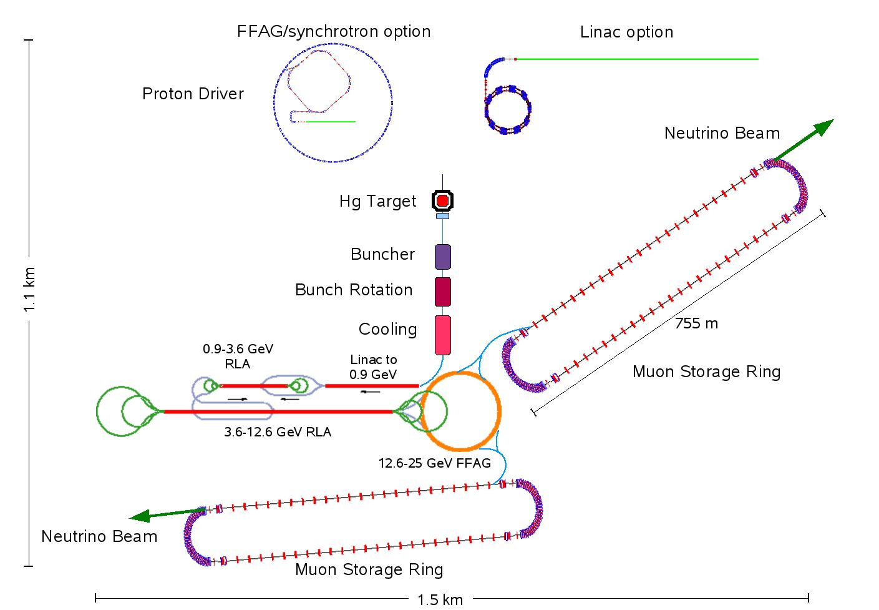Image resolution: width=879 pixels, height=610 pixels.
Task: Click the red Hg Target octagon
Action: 442,200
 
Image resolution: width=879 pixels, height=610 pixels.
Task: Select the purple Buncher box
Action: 442,257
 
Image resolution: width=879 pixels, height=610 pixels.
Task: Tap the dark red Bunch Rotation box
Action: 442,292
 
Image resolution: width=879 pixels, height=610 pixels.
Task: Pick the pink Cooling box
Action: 442,335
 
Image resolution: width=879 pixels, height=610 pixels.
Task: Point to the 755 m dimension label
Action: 696,323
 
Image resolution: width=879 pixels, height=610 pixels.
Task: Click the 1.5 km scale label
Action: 440,600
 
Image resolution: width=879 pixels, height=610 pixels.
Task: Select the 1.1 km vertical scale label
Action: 29,290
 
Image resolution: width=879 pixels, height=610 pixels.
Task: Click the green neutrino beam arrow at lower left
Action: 165,514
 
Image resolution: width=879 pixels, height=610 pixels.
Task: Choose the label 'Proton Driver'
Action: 193,94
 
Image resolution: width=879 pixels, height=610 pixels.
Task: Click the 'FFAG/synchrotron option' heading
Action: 334,32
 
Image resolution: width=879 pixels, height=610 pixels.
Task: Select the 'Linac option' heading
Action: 626,32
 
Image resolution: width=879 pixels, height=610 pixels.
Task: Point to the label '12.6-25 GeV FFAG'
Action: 434,463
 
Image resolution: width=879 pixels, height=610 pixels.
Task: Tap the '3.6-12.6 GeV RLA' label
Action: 278,432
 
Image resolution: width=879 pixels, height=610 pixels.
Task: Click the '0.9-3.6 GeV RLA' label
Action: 238,356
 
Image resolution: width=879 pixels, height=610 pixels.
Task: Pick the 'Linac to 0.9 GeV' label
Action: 373,367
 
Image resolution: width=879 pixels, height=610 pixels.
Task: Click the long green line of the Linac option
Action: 636,59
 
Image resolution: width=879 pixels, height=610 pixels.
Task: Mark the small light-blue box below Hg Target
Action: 442,216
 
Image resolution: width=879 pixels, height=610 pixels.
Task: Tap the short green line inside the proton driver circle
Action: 331,122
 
